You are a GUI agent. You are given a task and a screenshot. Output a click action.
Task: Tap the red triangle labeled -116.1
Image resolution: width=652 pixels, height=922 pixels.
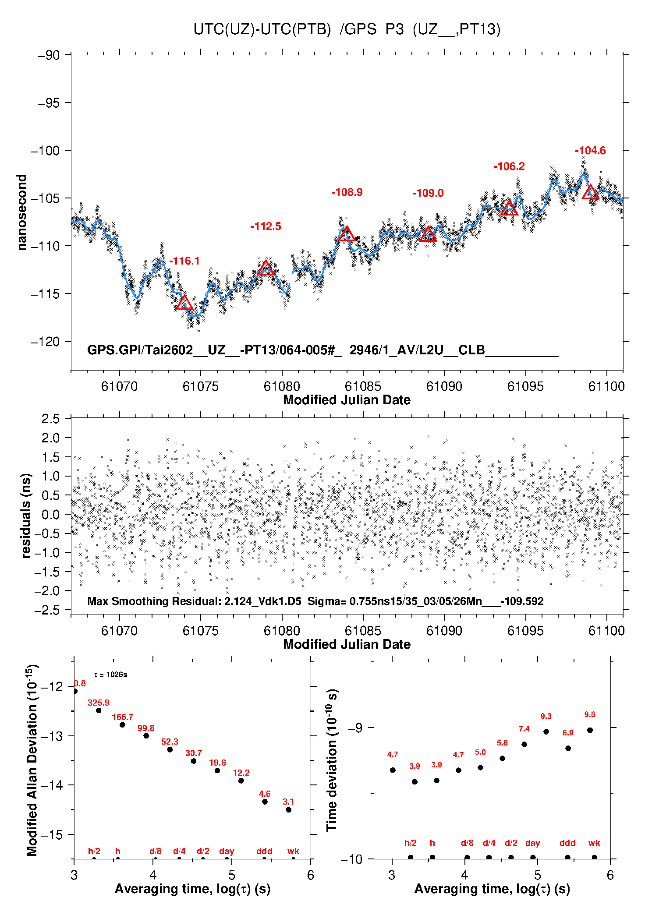184,303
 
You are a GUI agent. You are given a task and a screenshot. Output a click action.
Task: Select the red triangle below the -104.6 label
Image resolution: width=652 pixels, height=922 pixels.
590,192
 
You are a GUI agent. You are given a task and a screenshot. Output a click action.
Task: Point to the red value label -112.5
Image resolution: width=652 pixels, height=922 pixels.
266,226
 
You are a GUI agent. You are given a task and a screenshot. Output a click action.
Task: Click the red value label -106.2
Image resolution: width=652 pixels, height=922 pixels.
509,166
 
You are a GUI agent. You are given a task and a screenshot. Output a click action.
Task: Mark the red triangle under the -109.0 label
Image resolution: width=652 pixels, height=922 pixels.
428,235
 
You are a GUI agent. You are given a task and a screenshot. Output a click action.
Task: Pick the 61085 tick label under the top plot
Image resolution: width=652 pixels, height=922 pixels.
363,386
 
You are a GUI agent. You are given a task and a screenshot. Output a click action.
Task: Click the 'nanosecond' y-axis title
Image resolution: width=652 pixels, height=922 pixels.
22,212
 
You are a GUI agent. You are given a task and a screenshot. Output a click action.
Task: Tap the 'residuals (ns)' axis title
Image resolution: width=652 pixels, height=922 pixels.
26,516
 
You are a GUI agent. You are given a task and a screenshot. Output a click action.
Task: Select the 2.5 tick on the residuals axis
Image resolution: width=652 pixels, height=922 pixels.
50,419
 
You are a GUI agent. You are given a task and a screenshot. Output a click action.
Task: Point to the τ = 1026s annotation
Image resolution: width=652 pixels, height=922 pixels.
110,675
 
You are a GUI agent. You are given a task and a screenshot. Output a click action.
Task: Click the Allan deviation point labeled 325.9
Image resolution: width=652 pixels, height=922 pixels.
99,710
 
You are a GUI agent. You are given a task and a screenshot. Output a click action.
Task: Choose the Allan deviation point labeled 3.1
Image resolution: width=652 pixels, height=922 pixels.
288,810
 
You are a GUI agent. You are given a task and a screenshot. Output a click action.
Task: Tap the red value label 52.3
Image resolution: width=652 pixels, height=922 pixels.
170,742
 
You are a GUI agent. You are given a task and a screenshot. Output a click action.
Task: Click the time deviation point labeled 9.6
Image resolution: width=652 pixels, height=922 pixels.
590,730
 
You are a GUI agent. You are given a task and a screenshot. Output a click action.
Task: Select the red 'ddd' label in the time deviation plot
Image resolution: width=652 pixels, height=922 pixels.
567,843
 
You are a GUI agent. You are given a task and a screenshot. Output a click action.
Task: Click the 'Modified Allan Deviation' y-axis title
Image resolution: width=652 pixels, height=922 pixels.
32,760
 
